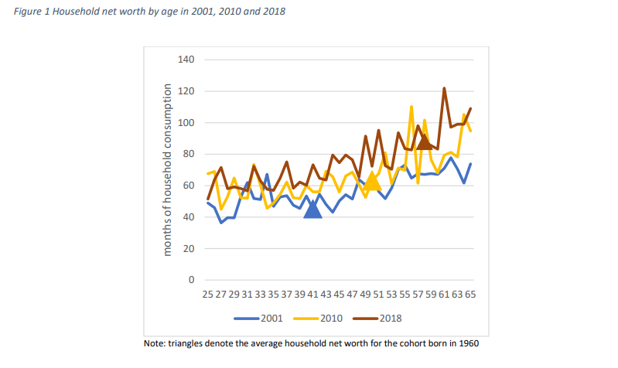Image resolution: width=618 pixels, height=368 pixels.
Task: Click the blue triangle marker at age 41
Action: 312,209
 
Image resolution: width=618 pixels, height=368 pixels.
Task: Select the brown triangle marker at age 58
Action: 425,141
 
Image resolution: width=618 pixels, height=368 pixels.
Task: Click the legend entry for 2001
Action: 265,317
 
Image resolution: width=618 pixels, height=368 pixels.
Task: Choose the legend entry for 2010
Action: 325,317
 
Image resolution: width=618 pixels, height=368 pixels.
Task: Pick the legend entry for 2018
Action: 384,317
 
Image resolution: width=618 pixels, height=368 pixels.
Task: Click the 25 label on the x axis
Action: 207,295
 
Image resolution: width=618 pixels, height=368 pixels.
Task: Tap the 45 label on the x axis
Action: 339,295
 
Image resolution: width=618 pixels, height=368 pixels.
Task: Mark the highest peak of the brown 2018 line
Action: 445,88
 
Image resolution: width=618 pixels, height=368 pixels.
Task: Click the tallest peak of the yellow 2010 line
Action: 411,107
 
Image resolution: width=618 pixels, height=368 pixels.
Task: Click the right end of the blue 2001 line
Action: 470,164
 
